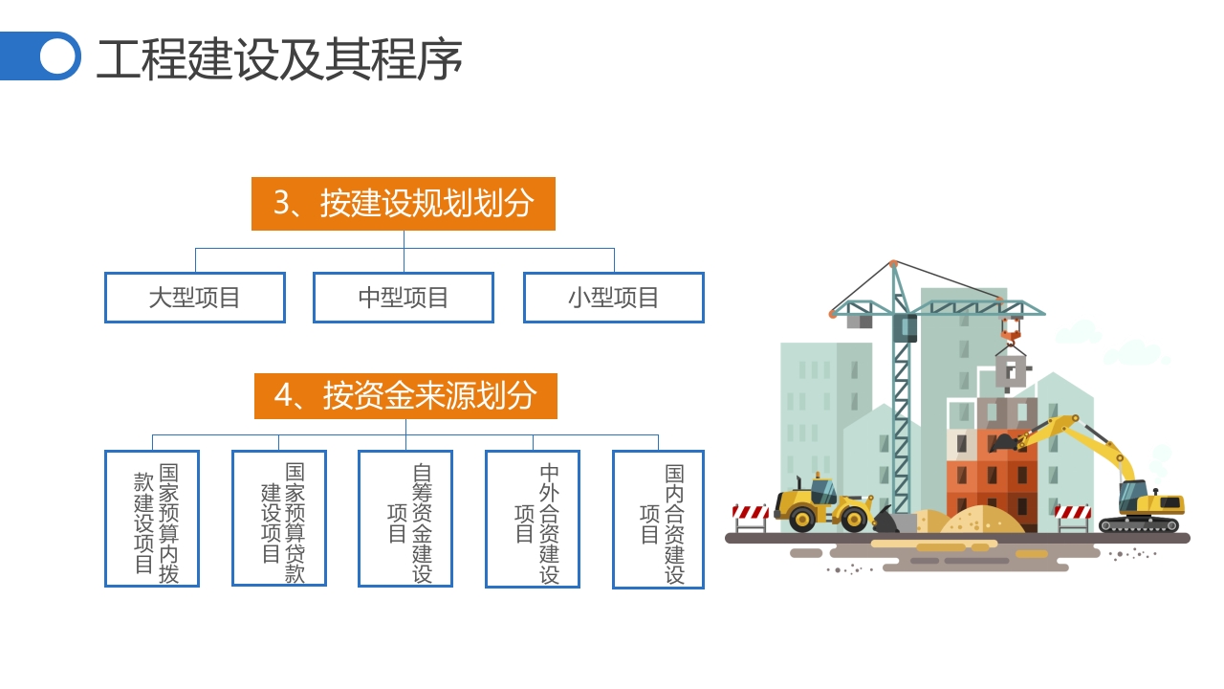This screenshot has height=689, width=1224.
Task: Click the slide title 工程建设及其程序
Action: point(279,59)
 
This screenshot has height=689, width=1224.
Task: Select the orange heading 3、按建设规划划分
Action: point(403,204)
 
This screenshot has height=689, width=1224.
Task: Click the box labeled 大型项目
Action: point(195,298)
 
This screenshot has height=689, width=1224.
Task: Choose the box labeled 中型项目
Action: point(404,298)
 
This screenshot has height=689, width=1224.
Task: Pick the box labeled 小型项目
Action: point(613,298)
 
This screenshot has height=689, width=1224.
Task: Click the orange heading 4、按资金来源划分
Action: point(405,396)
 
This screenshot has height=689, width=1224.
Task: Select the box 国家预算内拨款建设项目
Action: point(152,519)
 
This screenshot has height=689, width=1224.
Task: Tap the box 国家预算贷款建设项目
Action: point(278,519)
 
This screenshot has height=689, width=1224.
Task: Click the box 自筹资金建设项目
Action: point(405,519)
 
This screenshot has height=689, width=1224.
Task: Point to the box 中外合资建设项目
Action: point(533,519)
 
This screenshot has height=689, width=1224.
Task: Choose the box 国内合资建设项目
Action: point(658,520)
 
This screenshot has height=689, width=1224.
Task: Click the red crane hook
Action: point(1011,334)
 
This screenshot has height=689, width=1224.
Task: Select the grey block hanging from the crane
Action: point(1011,371)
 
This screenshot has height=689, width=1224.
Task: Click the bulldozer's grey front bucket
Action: point(887,520)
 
